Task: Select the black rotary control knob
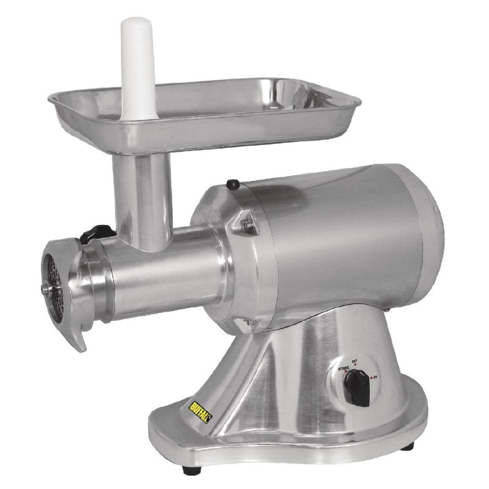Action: pos(354,386)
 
